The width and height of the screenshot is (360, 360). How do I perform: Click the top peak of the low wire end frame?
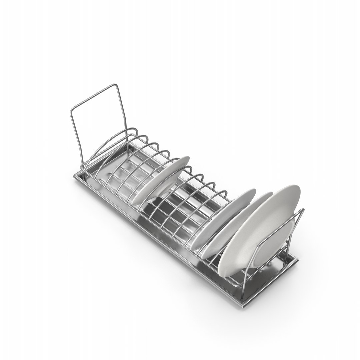(303, 210)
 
